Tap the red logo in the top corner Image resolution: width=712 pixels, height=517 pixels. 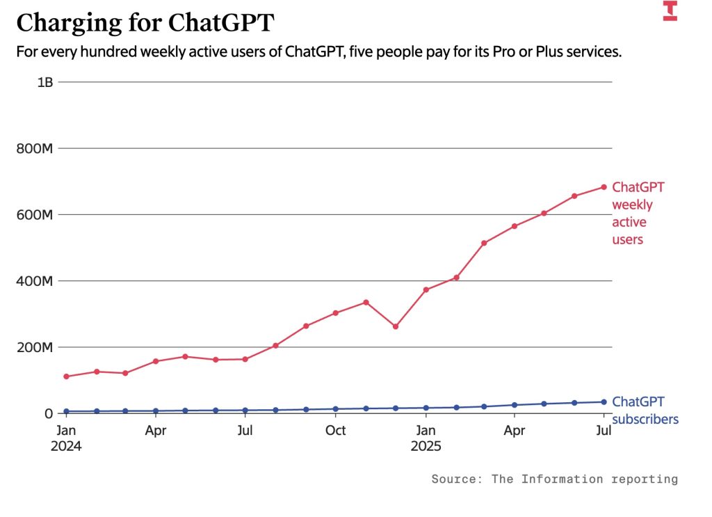coord(670,11)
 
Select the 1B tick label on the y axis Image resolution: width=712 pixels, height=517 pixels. coord(45,82)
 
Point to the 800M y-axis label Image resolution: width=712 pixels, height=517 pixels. coord(35,148)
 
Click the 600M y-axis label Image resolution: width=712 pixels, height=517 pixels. coord(35,214)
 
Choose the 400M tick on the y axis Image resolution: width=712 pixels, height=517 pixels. coord(35,281)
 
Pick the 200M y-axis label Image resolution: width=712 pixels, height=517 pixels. coord(35,347)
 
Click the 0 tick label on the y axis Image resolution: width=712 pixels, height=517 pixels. coord(49,413)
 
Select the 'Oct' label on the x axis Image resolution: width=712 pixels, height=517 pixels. coord(336,431)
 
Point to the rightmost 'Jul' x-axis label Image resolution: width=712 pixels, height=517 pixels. coord(604,431)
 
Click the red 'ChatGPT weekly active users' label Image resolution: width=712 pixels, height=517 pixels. coord(638,214)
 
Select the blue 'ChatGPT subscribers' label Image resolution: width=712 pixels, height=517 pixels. coord(645,411)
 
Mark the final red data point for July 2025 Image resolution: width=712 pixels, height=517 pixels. coord(604,187)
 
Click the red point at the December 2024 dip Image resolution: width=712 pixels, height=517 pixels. coord(396,326)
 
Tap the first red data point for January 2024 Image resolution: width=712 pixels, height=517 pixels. coord(66,376)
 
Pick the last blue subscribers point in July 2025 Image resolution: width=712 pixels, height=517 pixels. coord(604,401)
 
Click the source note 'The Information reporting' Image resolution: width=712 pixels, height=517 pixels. coord(584,479)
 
